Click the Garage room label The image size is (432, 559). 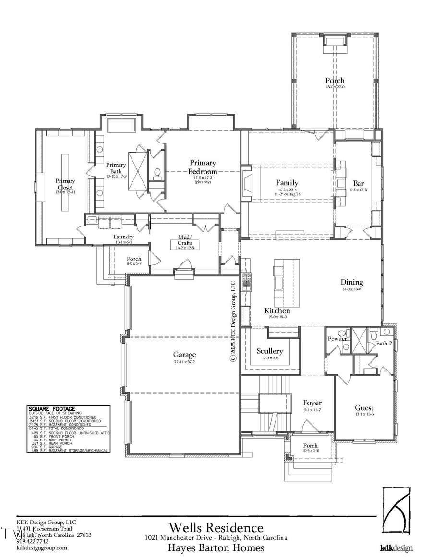click(184, 355)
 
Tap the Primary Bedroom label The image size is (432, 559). click(203, 167)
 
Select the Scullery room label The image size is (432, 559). click(269, 351)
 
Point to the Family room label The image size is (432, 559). click(287, 183)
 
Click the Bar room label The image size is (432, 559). click(359, 183)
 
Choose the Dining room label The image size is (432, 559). click(352, 282)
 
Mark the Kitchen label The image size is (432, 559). click(277, 311)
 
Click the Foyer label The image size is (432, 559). click(312, 403)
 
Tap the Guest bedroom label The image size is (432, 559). click(364, 408)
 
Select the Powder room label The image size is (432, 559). click(337, 338)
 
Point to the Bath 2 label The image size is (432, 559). click(384, 343)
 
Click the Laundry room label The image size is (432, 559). click(123, 237)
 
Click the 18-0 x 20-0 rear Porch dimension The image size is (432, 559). click(335, 87)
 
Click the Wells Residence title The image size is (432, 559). click(216, 528)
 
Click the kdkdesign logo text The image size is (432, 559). click(396, 548)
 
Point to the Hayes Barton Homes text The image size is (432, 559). click(216, 548)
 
